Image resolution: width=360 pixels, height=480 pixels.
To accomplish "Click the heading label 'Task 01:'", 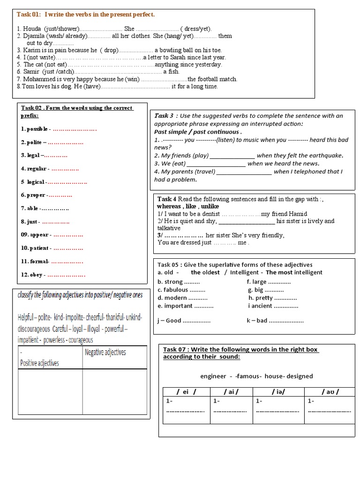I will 29,15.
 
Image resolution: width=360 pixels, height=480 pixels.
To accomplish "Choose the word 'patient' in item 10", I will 39,248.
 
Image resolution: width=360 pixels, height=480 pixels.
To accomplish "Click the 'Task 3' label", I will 164,115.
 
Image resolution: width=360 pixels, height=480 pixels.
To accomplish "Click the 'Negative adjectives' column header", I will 105,352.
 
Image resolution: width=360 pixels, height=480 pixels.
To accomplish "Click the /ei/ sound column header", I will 186,392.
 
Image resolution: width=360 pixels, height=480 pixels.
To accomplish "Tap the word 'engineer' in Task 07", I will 213,376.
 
